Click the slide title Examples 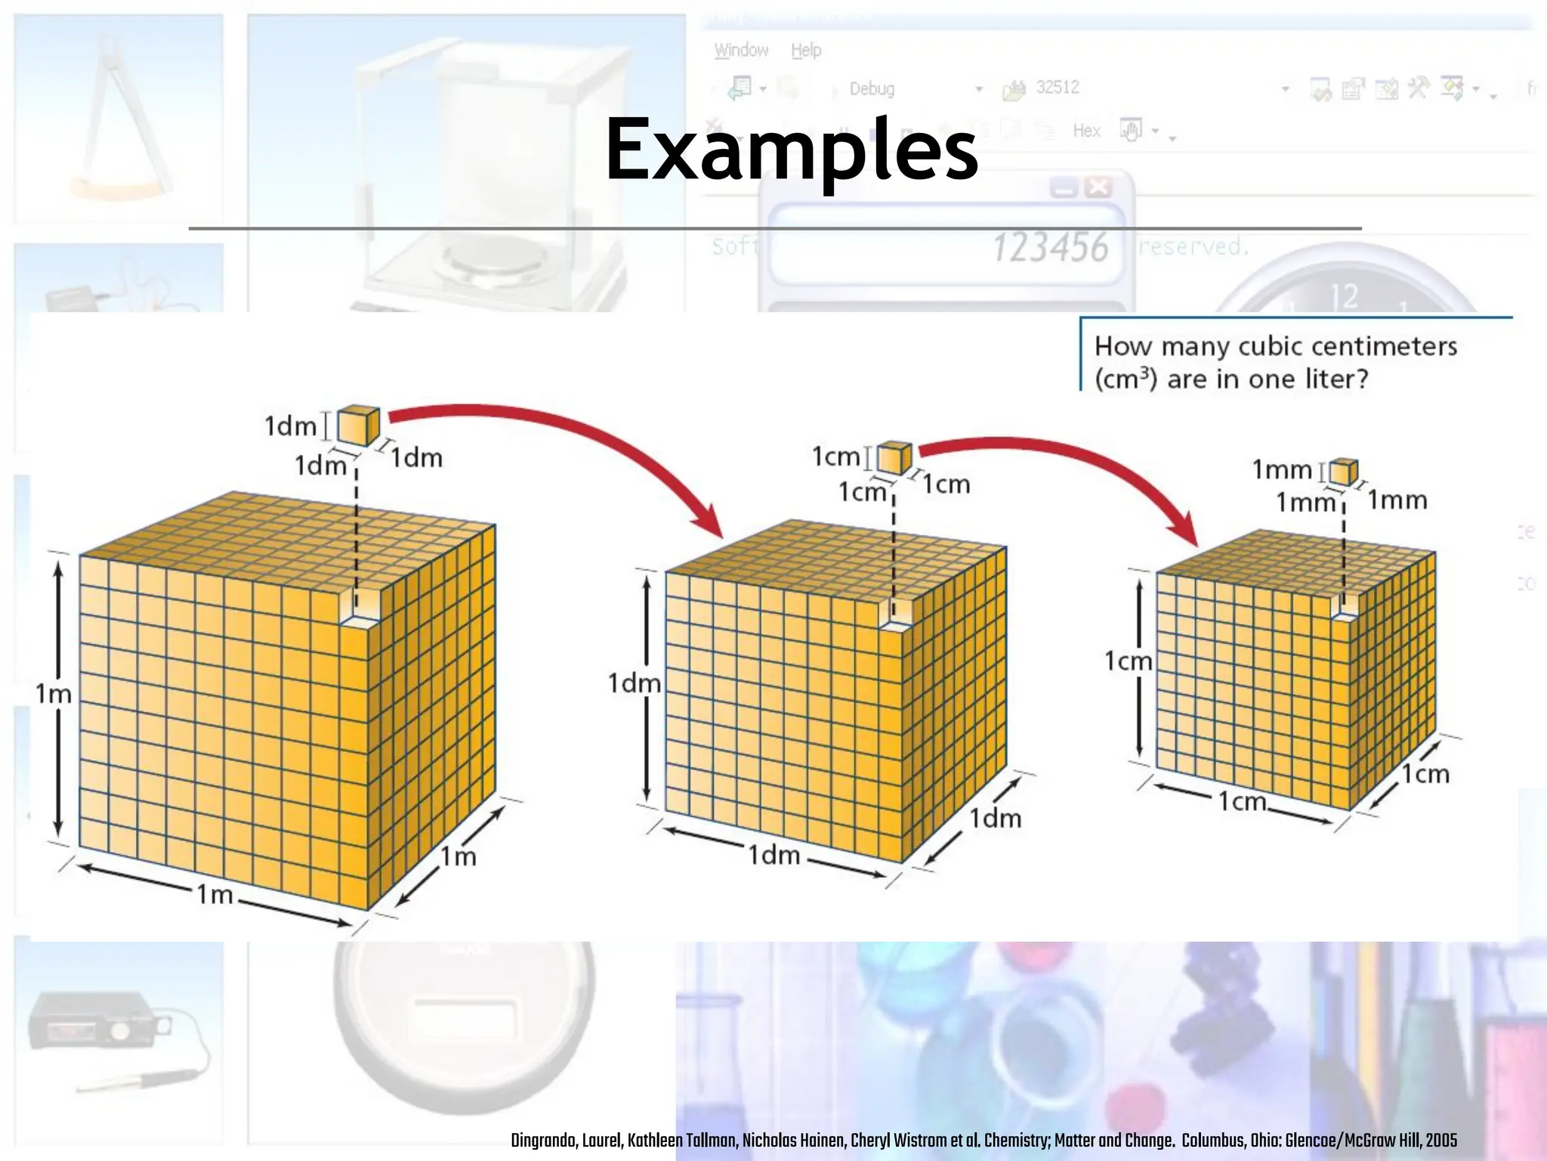coord(792,151)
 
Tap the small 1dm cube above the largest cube coord(357,426)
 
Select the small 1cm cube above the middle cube coord(894,459)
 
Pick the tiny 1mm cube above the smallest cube coord(1343,472)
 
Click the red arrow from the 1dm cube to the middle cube coord(574,446)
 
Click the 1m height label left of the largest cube coord(53,694)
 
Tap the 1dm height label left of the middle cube coord(634,684)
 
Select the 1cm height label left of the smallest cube coord(1129,661)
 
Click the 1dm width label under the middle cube coord(773,855)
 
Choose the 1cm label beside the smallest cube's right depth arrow coord(1426,774)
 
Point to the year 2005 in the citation coord(1441,1141)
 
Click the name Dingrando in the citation coord(542,1141)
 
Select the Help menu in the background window coord(806,51)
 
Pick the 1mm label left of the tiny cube coord(1282,470)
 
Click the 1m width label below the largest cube coord(215,895)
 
